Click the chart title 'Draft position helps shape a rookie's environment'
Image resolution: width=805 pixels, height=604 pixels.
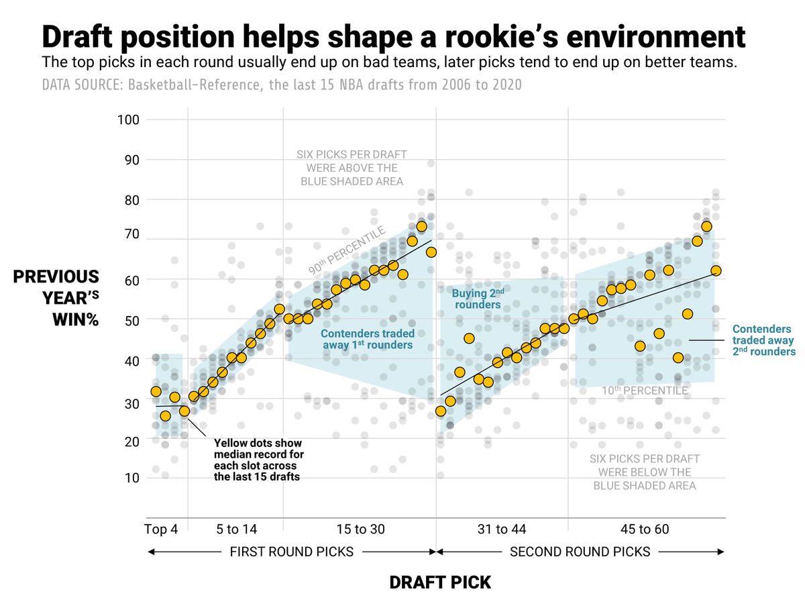click(393, 36)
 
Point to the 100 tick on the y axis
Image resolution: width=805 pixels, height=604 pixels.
click(128, 120)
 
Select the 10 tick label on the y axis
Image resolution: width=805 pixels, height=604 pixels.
click(131, 478)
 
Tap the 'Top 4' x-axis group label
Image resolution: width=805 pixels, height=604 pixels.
click(161, 530)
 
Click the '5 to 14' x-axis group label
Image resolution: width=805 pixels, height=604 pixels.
click(237, 530)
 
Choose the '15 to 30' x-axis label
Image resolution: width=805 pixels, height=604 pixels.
click(360, 530)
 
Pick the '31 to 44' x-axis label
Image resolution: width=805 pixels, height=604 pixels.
click(502, 530)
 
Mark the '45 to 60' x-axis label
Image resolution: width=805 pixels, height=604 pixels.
click(645, 530)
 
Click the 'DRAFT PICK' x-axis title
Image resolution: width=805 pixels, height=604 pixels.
click(440, 582)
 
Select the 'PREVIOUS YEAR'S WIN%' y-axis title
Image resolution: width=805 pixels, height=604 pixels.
click(56, 298)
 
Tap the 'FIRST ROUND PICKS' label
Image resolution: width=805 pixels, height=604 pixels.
click(292, 552)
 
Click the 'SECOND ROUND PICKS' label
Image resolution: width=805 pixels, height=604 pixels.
click(580, 552)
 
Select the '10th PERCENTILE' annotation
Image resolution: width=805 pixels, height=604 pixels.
click(644, 391)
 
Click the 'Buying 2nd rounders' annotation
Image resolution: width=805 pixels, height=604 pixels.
click(478, 299)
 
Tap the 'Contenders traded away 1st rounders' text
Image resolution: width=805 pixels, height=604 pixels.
click(367, 339)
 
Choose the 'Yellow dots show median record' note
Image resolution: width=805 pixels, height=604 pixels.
click(258, 460)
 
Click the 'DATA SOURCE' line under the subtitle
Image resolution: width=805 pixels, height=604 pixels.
click(282, 85)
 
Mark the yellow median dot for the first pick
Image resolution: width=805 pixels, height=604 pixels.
click(156, 391)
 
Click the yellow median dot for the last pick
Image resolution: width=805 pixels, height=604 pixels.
click(716, 270)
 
